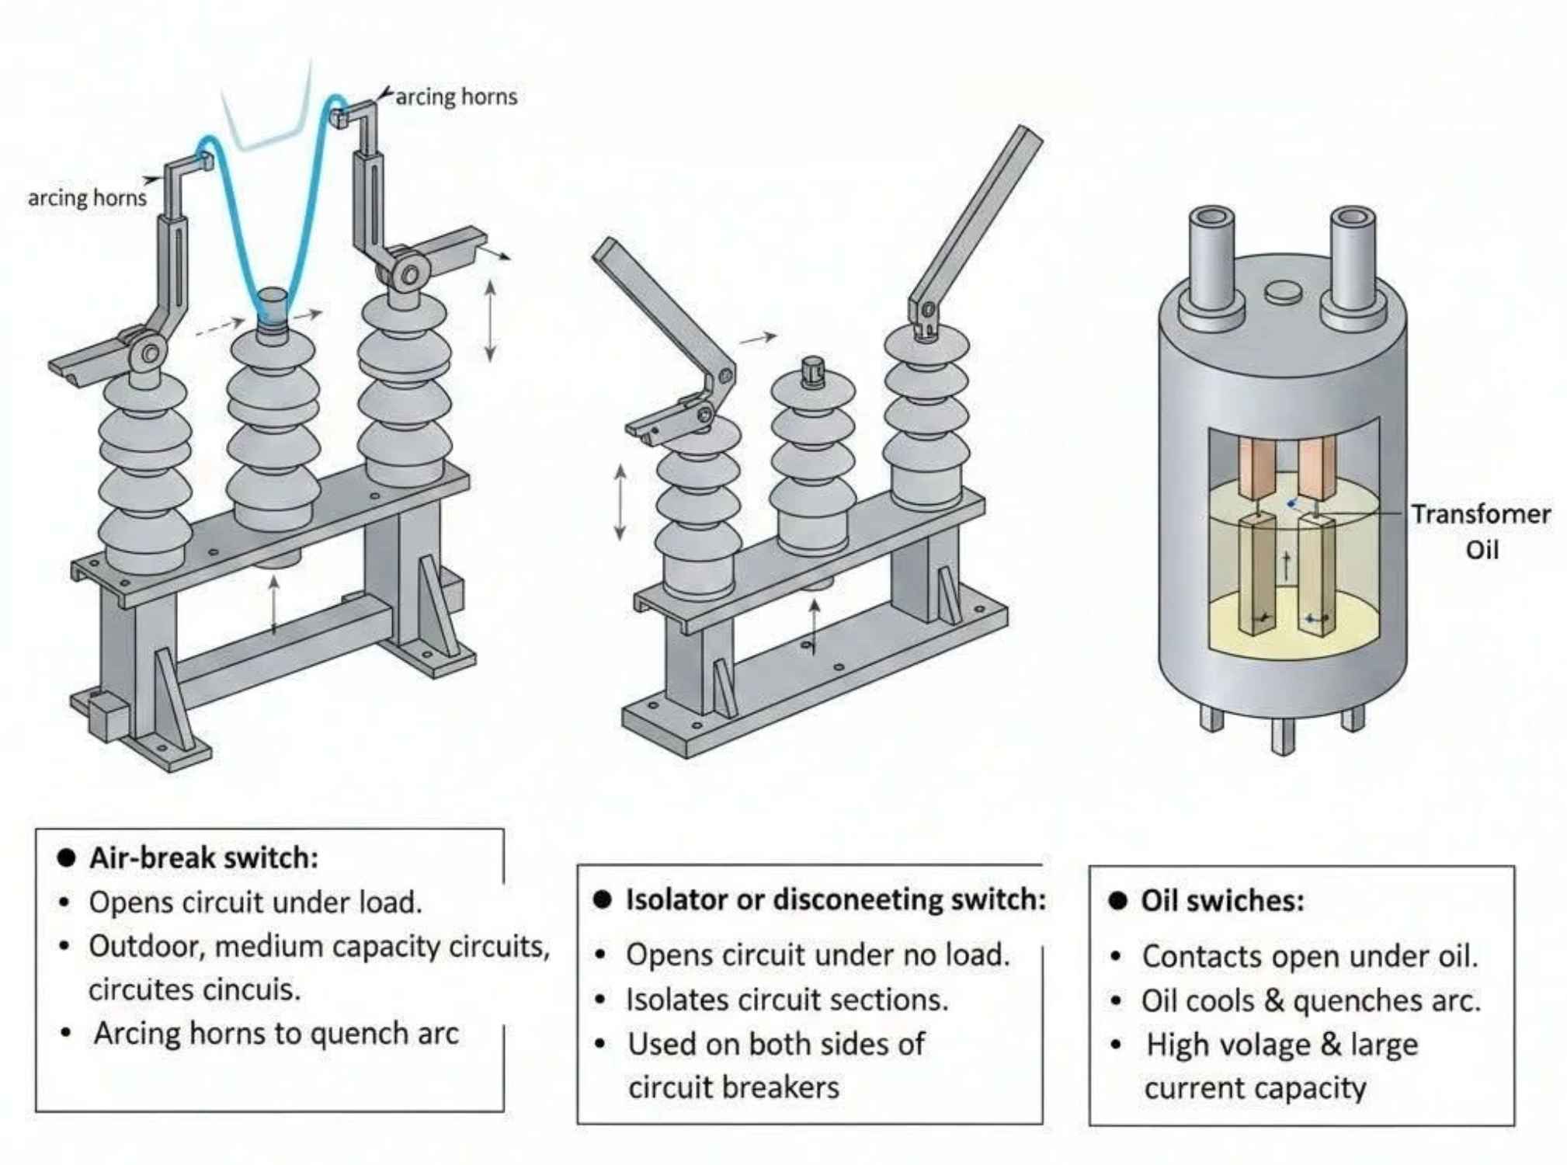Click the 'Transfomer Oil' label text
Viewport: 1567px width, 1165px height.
[1480, 531]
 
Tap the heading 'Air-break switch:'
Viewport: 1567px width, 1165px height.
[203, 858]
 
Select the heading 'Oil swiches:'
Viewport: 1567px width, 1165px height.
[1222, 901]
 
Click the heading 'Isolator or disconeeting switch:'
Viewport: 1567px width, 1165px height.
[836, 899]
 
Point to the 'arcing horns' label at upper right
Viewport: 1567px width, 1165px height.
[456, 97]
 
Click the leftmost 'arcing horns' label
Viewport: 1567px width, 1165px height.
[87, 198]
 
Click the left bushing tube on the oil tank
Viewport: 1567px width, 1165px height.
[1211, 260]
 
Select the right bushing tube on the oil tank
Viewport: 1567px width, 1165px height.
[1353, 260]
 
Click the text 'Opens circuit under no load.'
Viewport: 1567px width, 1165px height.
[818, 955]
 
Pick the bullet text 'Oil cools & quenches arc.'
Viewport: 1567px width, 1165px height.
[1311, 1001]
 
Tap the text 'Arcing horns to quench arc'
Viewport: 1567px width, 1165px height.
[276, 1034]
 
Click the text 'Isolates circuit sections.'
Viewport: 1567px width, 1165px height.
[787, 1000]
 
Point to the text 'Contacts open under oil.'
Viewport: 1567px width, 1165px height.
[1309, 957]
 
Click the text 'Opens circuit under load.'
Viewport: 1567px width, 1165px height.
[255, 902]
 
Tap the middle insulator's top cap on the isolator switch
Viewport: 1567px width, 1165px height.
[812, 371]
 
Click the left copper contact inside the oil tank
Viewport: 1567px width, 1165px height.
[1256, 468]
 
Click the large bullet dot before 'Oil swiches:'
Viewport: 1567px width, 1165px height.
[1117, 901]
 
